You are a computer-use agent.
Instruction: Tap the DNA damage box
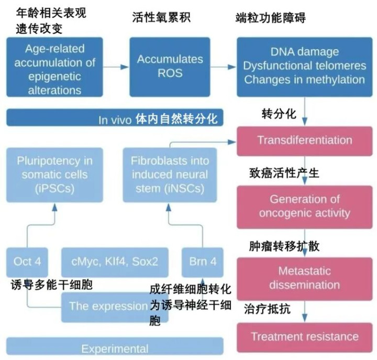pos(304,67)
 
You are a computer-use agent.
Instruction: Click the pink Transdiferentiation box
pos(304,140)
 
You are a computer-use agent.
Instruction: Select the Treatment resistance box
pos(304,336)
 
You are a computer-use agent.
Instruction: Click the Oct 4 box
pos(28,261)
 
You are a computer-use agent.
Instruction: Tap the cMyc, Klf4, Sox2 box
pos(115,261)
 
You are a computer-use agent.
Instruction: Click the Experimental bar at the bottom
pos(115,348)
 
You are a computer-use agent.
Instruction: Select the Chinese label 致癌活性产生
pos(283,173)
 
